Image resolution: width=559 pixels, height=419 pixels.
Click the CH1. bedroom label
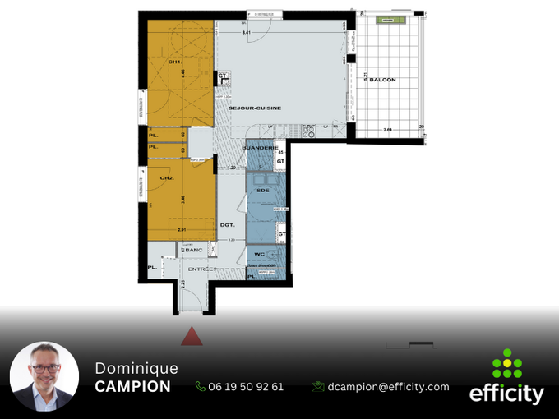click(174, 62)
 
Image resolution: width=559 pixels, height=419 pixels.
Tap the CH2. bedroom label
click(167, 178)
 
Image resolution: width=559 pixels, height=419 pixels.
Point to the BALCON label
click(383, 80)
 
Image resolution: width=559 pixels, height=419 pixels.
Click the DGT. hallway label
click(228, 224)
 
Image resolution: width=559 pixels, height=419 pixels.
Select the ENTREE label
click(201, 269)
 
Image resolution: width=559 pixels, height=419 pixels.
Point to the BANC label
click(194, 250)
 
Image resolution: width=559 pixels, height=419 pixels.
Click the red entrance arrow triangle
click(192, 335)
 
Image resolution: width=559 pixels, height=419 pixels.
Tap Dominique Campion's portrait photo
click(44, 376)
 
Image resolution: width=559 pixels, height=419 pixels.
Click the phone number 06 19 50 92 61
click(247, 387)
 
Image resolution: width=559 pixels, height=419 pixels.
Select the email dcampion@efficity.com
click(388, 387)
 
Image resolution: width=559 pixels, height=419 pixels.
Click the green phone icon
click(201, 387)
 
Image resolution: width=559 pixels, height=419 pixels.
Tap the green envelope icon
click(318, 387)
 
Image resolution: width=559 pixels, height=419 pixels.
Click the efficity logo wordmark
click(506, 394)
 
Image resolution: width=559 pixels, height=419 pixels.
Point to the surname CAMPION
click(133, 387)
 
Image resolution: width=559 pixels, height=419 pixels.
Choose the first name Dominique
click(136, 368)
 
